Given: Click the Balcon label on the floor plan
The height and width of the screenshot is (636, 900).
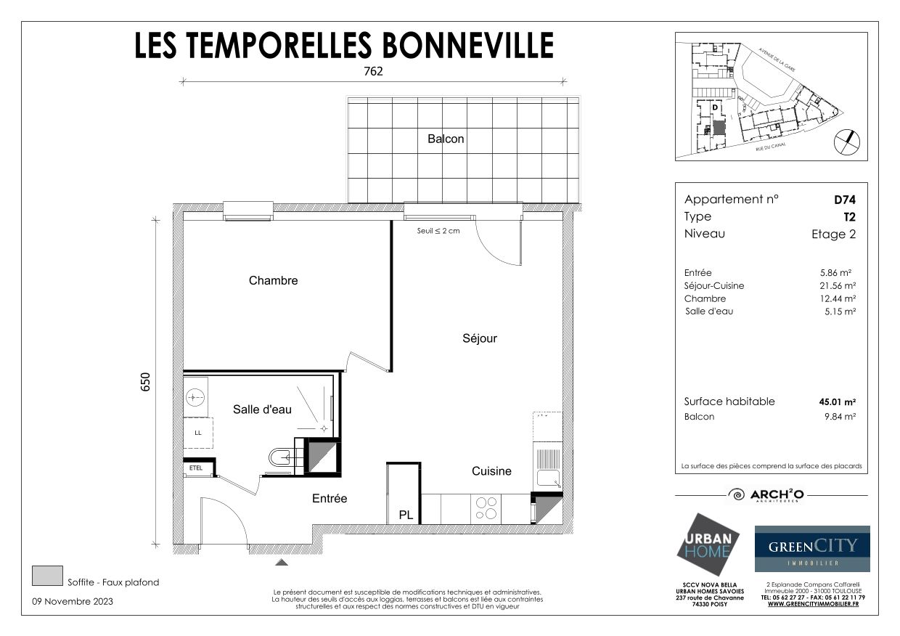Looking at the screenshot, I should [446, 139].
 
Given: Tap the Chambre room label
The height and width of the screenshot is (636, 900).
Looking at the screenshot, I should [273, 280].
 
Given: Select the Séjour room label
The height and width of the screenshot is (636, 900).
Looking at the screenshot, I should [480, 338].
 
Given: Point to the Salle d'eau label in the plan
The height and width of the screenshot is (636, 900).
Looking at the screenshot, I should [262, 409].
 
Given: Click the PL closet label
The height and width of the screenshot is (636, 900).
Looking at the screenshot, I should [406, 515].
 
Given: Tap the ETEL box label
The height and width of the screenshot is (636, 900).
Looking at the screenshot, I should [196, 468].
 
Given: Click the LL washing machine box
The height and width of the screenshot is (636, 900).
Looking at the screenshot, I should [197, 433].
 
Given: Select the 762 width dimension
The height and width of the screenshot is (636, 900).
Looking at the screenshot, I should [372, 71].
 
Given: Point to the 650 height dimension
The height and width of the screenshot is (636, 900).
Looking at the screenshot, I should [145, 382].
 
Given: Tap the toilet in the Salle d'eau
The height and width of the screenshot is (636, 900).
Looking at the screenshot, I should [281, 457].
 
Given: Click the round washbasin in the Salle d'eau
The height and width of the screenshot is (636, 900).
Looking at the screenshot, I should [195, 397].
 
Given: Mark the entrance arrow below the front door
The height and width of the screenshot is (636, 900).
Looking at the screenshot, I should [282, 562].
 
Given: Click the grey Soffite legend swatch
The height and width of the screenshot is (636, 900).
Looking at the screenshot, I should [47, 576].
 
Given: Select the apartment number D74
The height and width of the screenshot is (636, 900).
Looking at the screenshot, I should [844, 200].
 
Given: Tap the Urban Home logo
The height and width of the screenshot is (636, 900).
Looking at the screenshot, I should [708, 544].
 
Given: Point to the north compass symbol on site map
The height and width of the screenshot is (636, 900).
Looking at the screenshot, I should [846, 142].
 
